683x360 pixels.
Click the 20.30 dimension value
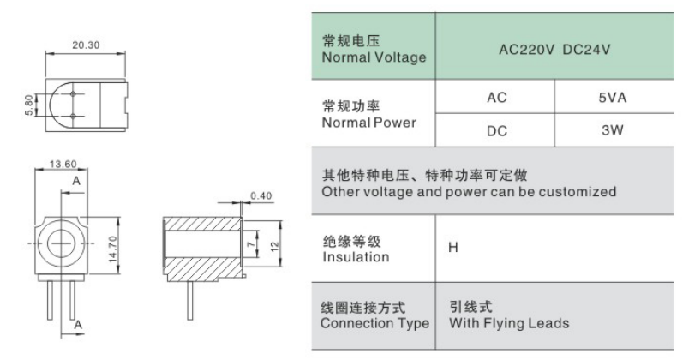coord(86,45)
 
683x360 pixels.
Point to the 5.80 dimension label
coord(29,105)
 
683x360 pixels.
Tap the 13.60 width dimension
coord(63,164)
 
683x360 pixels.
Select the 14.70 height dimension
coord(113,249)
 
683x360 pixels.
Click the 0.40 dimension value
coord(261,196)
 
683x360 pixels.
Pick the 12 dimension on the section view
coord(274,247)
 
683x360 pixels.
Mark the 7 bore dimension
coord(251,244)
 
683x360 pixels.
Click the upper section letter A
coord(76,181)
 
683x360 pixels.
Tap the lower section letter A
coord(78,325)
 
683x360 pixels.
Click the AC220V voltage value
coord(527,50)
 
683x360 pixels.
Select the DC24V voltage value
coord(586,50)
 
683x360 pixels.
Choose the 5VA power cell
coord(613,98)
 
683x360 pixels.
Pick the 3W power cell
coord(613,130)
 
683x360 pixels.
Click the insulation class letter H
coord(453,248)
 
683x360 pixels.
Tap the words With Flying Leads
coord(509,323)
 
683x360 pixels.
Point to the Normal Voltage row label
coord(374,57)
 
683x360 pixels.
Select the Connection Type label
coord(375,323)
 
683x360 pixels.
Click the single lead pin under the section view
coord(190,301)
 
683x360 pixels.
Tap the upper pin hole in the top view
coord(73,93)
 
